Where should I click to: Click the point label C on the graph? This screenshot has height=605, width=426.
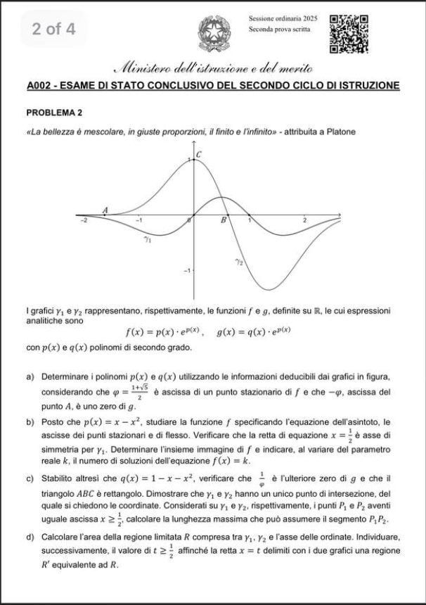click(x=199, y=154)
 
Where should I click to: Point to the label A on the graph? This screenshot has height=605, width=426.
click(x=105, y=210)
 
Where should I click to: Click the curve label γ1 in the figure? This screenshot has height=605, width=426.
click(x=148, y=240)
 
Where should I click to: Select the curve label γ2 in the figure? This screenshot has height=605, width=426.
click(x=239, y=261)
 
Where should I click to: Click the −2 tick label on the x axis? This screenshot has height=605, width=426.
click(x=83, y=221)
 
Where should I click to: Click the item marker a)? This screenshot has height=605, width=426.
click(x=30, y=377)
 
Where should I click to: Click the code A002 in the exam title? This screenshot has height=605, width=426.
click(x=42, y=86)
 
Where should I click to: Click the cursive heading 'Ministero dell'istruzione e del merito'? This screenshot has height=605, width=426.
click(x=212, y=68)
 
